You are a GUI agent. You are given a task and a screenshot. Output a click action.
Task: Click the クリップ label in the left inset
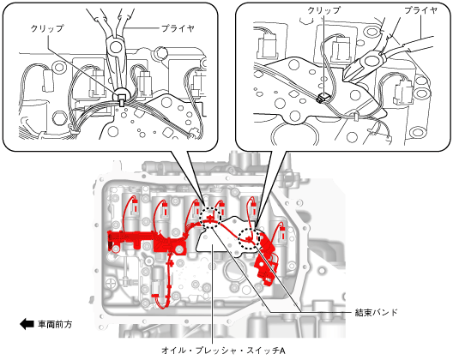click(x=47, y=28)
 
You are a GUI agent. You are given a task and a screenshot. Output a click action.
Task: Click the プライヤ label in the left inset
click(x=178, y=28)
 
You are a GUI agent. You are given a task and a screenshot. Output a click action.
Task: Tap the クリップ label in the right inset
click(x=323, y=10)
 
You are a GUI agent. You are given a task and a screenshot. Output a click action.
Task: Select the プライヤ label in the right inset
click(x=420, y=10)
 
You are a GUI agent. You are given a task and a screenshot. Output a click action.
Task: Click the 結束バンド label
click(x=376, y=312)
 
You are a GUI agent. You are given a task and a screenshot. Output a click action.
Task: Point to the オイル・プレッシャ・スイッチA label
click(x=223, y=351)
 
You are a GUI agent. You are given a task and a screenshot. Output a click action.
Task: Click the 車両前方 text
click(x=55, y=325)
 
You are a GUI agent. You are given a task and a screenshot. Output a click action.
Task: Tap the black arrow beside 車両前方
click(x=27, y=324)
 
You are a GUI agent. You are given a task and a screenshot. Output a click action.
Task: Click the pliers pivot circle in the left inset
click(x=115, y=46)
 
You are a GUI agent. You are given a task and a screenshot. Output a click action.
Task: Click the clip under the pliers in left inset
click(x=122, y=103)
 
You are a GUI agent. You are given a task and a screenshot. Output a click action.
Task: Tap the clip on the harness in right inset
click(x=322, y=99)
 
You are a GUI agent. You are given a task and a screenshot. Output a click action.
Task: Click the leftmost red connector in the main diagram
click(x=136, y=206)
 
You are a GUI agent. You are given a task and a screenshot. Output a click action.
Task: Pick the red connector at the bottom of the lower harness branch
click(x=155, y=298)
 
